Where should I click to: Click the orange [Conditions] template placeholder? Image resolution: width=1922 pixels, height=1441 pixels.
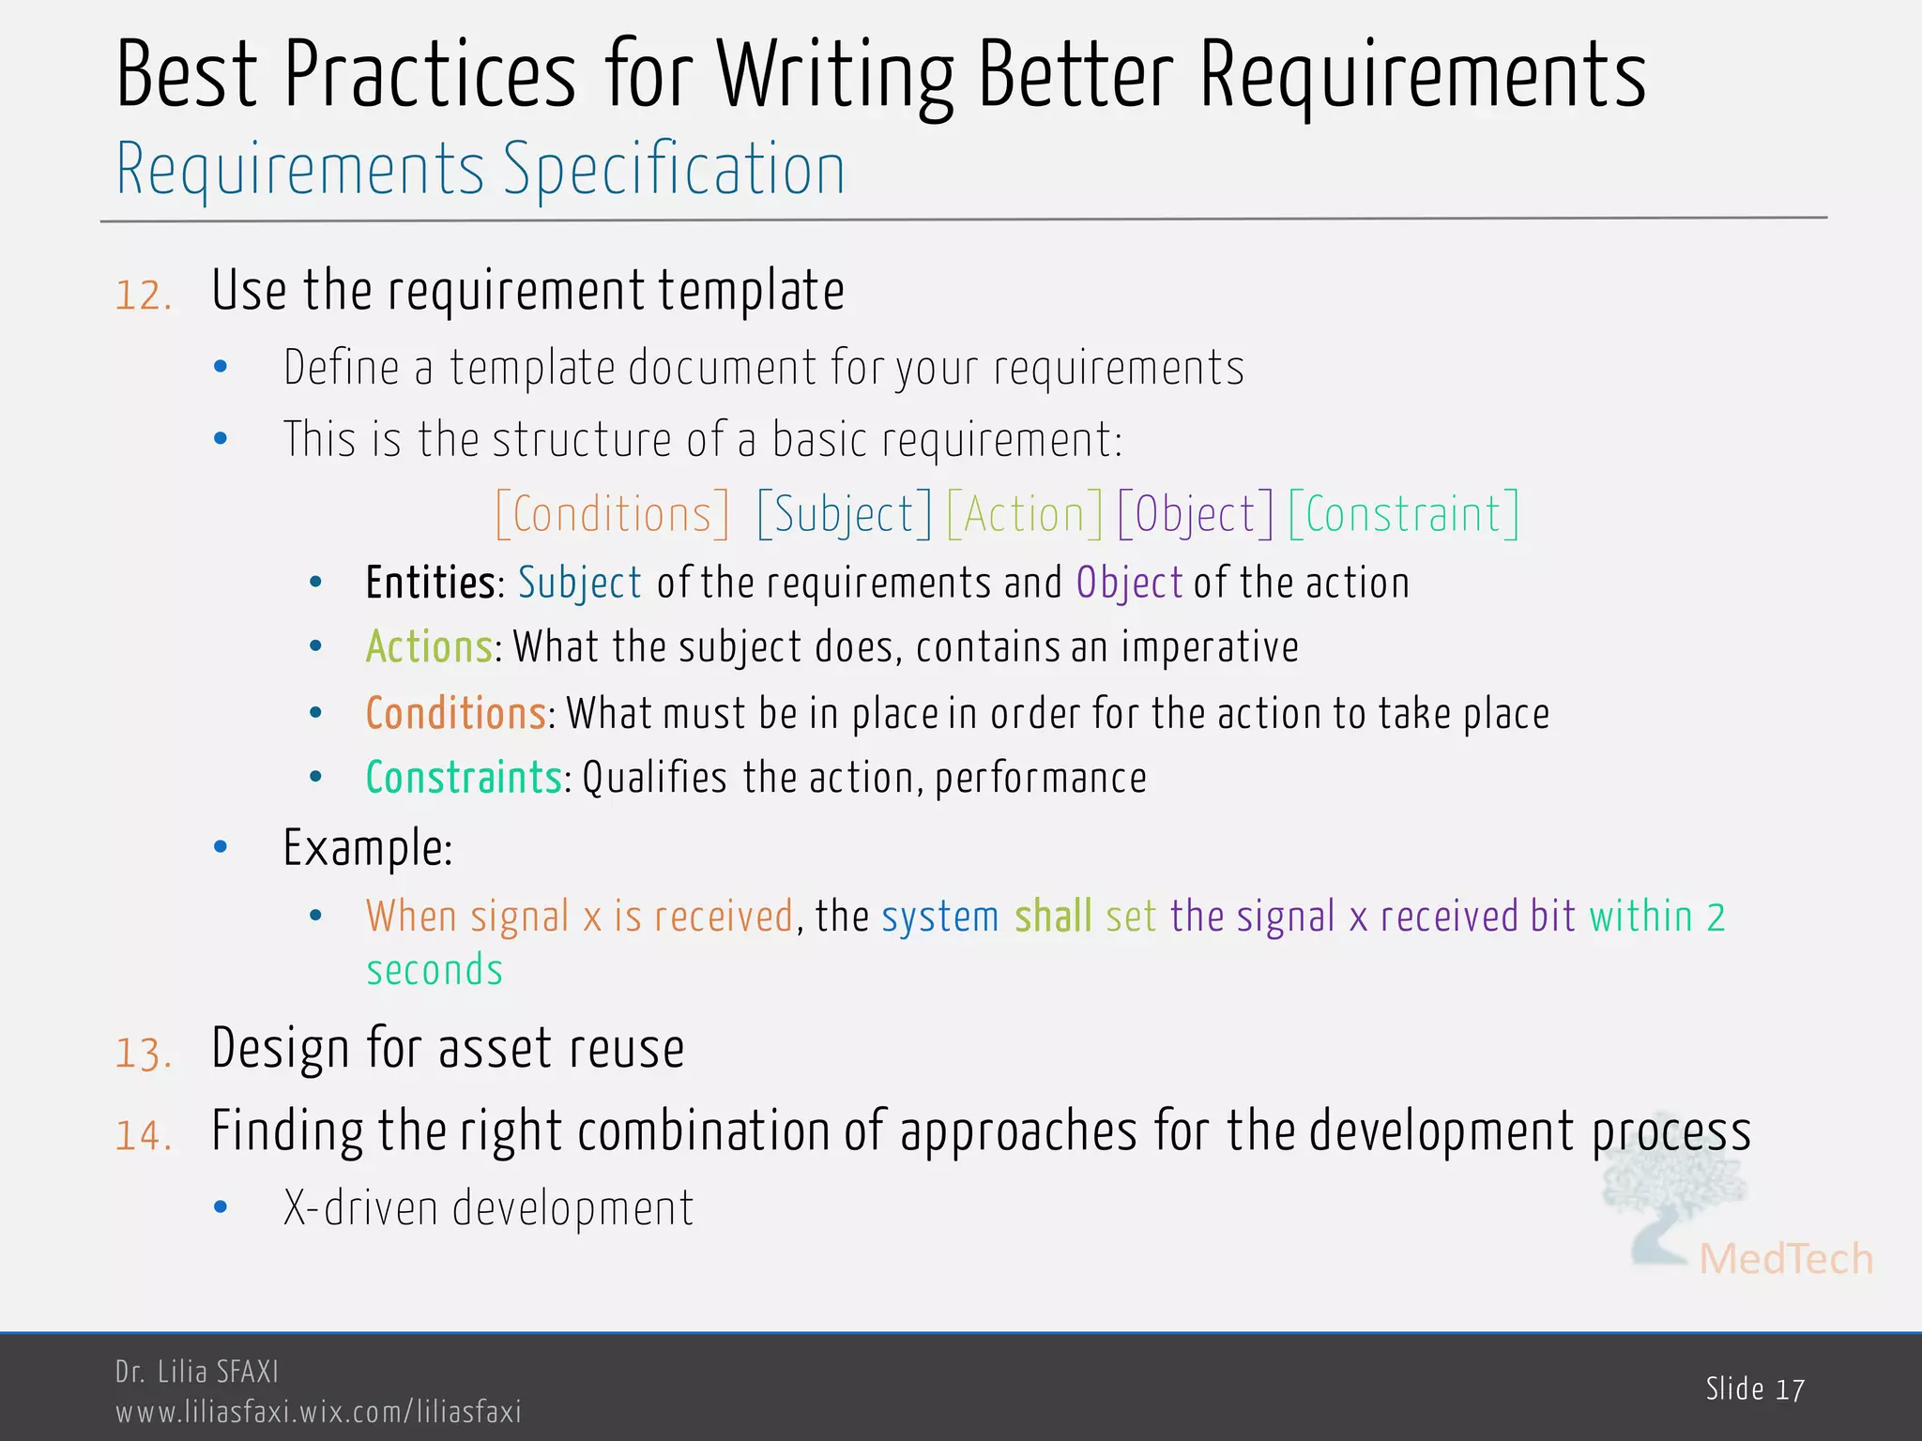pyautogui.click(x=612, y=514)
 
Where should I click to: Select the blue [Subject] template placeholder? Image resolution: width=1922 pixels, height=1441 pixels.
pyautogui.click(x=844, y=514)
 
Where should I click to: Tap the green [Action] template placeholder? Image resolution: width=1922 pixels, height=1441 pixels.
pyautogui.click(x=1024, y=514)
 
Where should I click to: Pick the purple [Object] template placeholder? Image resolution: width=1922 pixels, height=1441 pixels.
pyautogui.click(x=1195, y=514)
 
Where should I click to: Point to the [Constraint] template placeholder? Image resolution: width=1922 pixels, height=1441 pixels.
pyautogui.click(x=1403, y=514)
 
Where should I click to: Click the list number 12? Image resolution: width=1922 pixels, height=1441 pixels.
pyautogui.click(x=144, y=296)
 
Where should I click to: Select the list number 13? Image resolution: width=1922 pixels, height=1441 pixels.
pyautogui.click(x=144, y=1053)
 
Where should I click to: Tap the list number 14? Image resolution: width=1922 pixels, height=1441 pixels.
pyautogui.click(x=144, y=1135)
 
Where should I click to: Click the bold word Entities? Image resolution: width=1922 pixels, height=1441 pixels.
pyautogui.click(x=430, y=583)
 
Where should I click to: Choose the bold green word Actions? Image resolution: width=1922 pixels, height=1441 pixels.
pyautogui.click(x=429, y=647)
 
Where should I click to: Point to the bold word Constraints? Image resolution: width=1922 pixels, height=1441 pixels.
pyautogui.click(x=464, y=778)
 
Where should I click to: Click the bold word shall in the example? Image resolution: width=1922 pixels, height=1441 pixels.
pyautogui.click(x=1053, y=916)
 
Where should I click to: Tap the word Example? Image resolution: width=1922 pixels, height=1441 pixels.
pyautogui.click(x=368, y=848)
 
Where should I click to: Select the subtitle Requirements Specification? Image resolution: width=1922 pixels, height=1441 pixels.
pyautogui.click(x=480, y=169)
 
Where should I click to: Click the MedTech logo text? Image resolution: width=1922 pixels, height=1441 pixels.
pyautogui.click(x=1785, y=1259)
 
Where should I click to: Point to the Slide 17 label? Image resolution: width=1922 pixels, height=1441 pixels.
pyautogui.click(x=1755, y=1388)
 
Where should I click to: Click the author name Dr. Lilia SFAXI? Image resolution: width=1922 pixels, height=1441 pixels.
pyautogui.click(x=197, y=1372)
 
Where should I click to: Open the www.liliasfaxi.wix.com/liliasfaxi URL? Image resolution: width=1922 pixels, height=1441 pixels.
pyautogui.click(x=318, y=1412)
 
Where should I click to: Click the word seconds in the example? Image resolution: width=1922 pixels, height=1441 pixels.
pyautogui.click(x=435, y=970)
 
